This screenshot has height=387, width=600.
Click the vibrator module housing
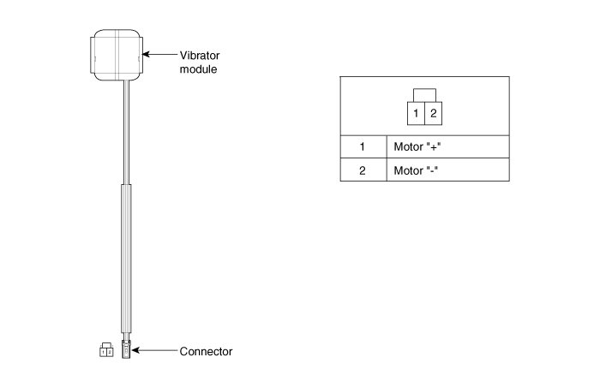click(x=117, y=55)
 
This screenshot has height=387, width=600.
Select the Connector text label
click(x=206, y=351)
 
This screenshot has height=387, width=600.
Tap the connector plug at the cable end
click(x=126, y=349)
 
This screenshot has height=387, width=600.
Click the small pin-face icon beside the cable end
click(x=106, y=350)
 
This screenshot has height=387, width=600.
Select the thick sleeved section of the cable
click(x=126, y=257)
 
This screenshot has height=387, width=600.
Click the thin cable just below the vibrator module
click(x=127, y=128)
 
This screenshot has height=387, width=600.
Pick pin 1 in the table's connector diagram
click(x=415, y=113)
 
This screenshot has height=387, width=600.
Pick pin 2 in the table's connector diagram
click(x=434, y=113)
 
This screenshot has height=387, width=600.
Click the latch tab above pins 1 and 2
click(x=424, y=94)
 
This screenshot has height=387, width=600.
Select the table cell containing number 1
click(x=362, y=146)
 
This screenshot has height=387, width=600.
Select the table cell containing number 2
click(x=362, y=170)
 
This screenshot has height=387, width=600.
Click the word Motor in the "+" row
click(x=408, y=146)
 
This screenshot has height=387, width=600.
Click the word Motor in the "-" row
click(x=408, y=170)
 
